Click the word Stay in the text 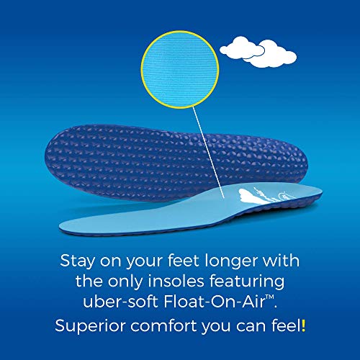[80, 258]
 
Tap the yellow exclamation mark [304, 325]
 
